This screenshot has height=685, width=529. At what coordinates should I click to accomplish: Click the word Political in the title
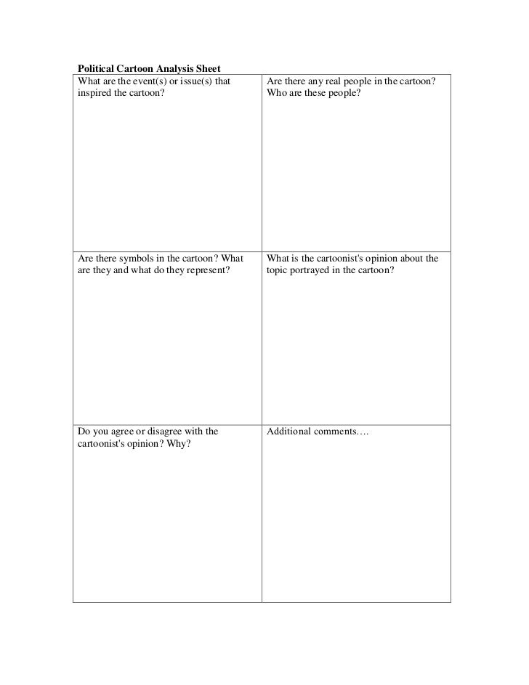tap(96, 68)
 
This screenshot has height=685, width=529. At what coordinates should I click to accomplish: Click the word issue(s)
tap(194, 81)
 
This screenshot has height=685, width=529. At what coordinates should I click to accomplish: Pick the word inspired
tap(95, 94)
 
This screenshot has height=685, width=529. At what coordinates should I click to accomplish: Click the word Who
tap(277, 94)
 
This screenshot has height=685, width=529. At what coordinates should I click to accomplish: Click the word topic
tap(279, 271)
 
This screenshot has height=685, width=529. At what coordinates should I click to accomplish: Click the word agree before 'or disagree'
tap(118, 431)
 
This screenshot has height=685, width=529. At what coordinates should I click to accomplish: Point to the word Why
tap(179, 445)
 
